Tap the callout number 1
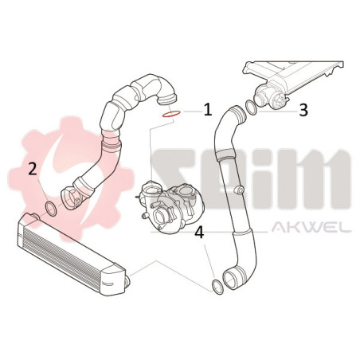click(208, 110)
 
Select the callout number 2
click(33, 169)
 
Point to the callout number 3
click(303, 110)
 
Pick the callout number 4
click(199, 233)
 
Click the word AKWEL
click(311, 228)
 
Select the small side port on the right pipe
click(240, 190)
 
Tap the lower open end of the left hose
click(69, 199)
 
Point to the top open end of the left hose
click(166, 100)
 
